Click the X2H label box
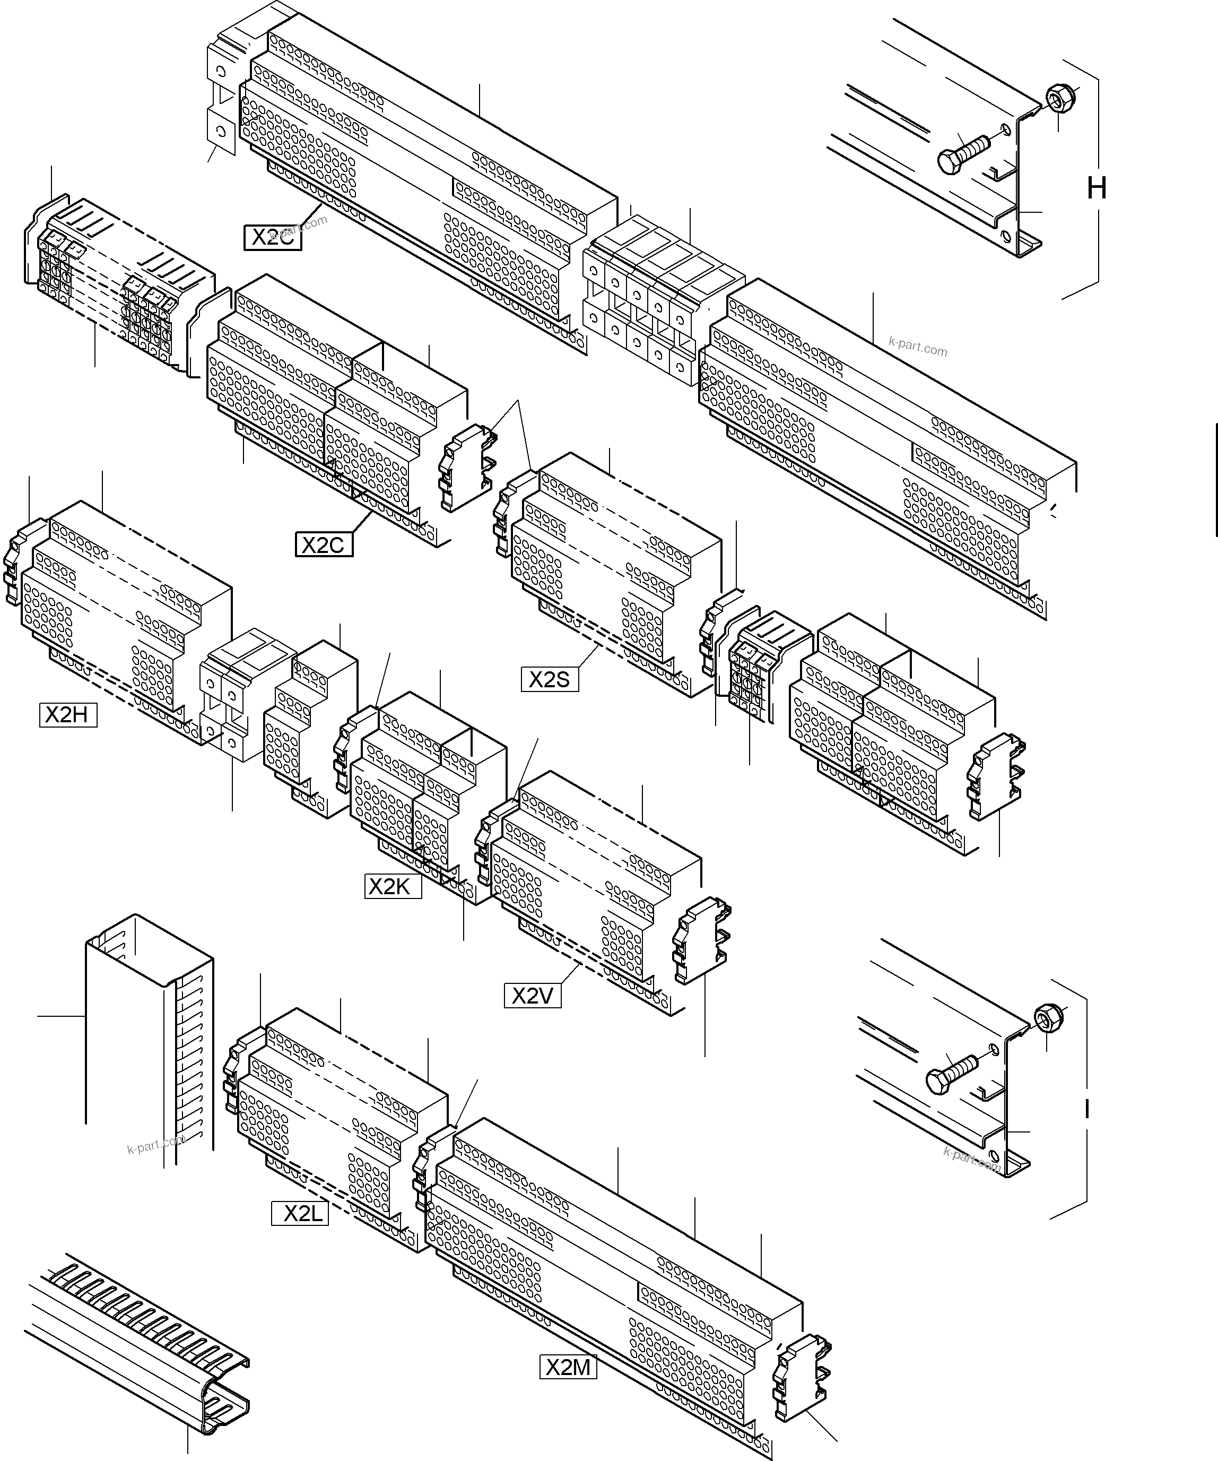(67, 714)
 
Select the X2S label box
(550, 679)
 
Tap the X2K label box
(393, 886)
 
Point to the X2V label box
(532, 996)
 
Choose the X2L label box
(300, 1213)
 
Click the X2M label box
(568, 1367)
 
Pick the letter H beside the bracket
(1097, 188)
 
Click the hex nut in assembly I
(1046, 1018)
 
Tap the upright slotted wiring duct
(150, 1036)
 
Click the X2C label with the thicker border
(324, 544)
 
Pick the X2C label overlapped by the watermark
(273, 237)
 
